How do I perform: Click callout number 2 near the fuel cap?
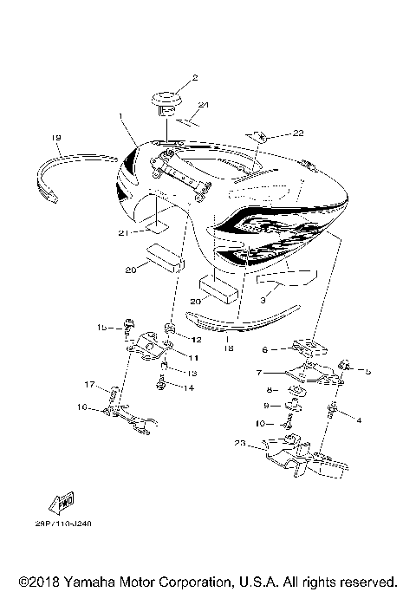(x=195, y=77)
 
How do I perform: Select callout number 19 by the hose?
(x=55, y=137)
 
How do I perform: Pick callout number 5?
(x=367, y=371)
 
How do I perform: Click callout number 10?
(x=258, y=423)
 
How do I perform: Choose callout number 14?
(x=190, y=387)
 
